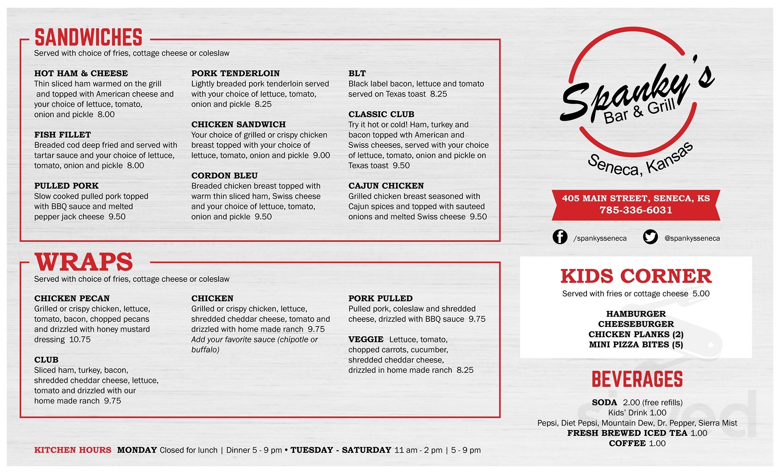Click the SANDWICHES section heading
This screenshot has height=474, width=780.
click(x=88, y=37)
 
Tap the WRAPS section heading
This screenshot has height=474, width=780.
click(x=84, y=262)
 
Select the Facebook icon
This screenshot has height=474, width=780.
click(x=560, y=237)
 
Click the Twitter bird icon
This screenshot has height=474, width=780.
click(x=651, y=237)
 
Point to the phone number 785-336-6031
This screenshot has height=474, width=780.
click(x=636, y=210)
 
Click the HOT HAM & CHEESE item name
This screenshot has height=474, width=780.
click(x=81, y=73)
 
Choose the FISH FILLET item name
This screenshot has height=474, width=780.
click(x=62, y=135)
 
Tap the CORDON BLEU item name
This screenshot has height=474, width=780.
click(x=224, y=175)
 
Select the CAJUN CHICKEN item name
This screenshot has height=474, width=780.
click(x=386, y=186)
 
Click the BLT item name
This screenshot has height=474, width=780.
click(x=357, y=73)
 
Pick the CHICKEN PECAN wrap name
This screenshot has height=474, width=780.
click(x=72, y=298)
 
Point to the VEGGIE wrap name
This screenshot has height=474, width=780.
click(x=366, y=339)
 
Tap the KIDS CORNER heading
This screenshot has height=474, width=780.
click(x=636, y=276)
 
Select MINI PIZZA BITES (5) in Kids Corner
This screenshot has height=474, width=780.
click(x=636, y=344)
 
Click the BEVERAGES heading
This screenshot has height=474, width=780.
click(x=637, y=379)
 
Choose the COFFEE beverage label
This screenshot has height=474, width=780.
click(x=627, y=443)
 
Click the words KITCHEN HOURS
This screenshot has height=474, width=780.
click(x=73, y=450)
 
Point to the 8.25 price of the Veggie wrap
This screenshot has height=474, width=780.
click(x=465, y=370)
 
